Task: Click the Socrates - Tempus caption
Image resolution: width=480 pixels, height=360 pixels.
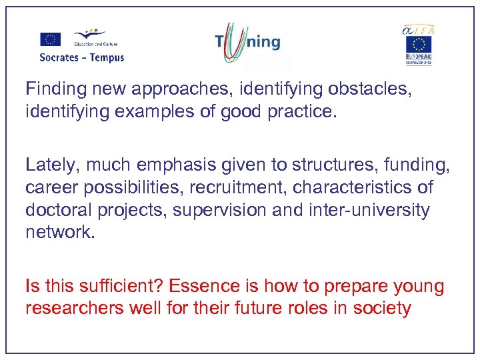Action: point(82,57)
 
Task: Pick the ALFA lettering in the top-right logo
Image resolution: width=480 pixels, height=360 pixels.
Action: point(418,29)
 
